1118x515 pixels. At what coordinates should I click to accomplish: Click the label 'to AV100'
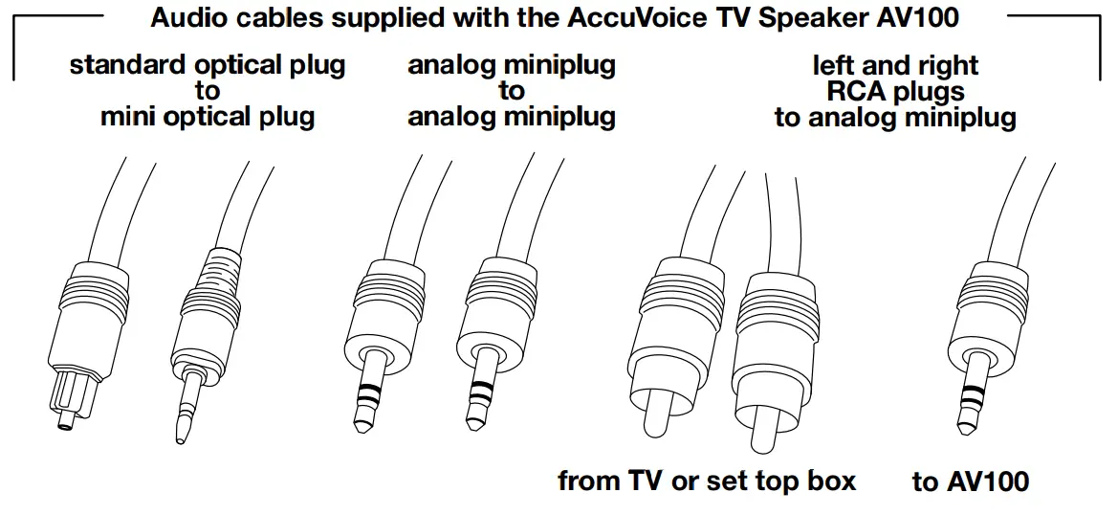[x=971, y=481]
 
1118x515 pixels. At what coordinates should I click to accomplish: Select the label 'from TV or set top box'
[x=707, y=481]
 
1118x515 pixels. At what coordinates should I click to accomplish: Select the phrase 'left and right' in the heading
[x=895, y=66]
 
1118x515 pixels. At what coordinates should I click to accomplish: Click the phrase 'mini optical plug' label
[x=208, y=118]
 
